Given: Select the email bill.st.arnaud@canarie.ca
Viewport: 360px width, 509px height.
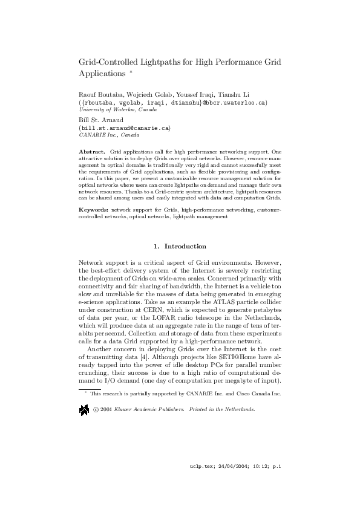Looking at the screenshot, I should (125, 128).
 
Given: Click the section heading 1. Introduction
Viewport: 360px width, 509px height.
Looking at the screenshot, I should (180, 247).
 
